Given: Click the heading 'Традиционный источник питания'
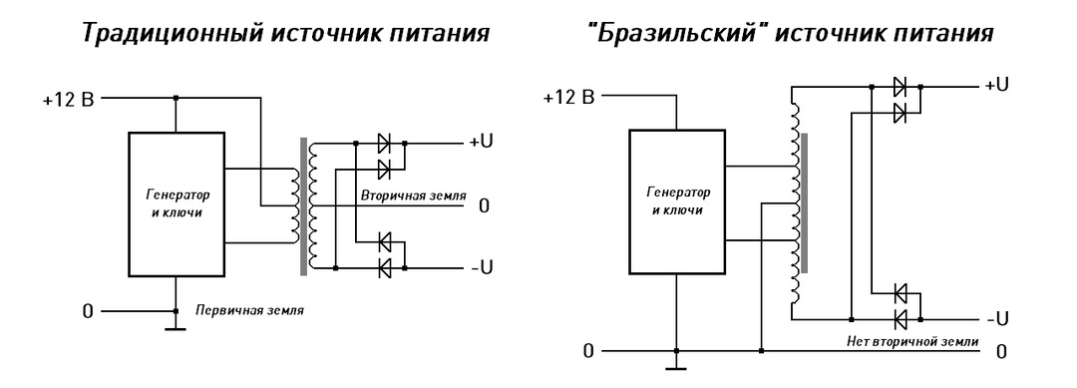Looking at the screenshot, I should [x=284, y=33].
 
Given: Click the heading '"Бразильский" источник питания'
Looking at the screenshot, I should [x=790, y=33].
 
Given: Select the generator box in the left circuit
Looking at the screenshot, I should [x=175, y=204].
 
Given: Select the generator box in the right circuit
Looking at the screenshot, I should [x=677, y=204].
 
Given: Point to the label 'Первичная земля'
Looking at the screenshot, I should [x=248, y=310].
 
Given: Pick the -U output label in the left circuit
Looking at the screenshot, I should [x=481, y=267].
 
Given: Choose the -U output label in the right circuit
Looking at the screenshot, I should [x=997, y=318].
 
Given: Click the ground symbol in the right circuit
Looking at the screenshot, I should [x=677, y=365].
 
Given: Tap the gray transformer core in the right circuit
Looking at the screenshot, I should [x=803, y=204].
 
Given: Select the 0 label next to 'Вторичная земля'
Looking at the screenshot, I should [x=484, y=206].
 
